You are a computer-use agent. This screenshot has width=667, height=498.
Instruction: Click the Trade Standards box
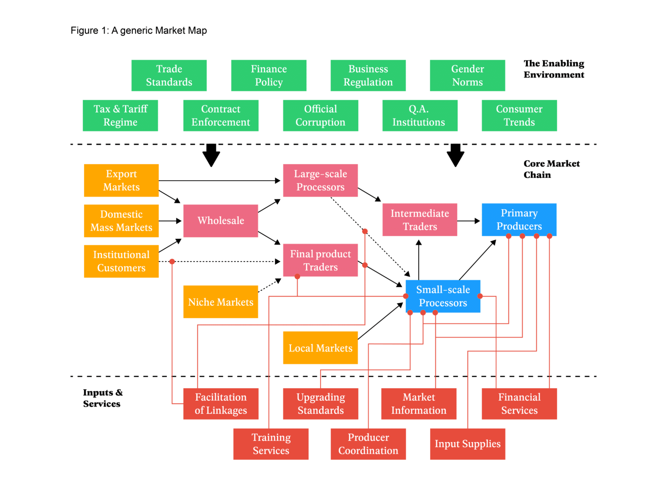pyautogui.click(x=169, y=75)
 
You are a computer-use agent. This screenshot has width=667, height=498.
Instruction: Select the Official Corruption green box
pyautogui.click(x=320, y=115)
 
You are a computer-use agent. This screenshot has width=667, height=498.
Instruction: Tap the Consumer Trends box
pyautogui.click(x=519, y=115)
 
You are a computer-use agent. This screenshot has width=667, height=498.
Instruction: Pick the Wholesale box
pyautogui.click(x=220, y=220)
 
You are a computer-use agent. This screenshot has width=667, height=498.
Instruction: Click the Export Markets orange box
pyautogui.click(x=121, y=180)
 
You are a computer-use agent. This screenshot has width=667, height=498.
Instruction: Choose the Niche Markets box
pyautogui.click(x=220, y=302)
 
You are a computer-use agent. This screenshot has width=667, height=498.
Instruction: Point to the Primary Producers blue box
pyautogui.click(x=519, y=219)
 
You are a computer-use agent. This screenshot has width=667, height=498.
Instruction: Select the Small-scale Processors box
pyautogui.click(x=443, y=296)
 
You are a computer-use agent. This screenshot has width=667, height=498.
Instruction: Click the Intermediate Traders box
pyautogui.click(x=420, y=220)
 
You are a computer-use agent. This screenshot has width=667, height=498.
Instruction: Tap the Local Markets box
pyautogui.click(x=320, y=348)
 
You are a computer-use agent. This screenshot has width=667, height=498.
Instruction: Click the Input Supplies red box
pyautogui.click(x=467, y=444)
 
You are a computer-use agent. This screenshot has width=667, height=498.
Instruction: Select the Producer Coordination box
pyautogui.click(x=368, y=444)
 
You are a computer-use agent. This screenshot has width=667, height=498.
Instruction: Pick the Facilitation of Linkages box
pyautogui.click(x=220, y=404)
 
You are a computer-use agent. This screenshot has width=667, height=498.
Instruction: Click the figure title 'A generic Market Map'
pyautogui.click(x=138, y=31)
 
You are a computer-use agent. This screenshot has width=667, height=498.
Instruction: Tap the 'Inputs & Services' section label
pyautogui.click(x=102, y=398)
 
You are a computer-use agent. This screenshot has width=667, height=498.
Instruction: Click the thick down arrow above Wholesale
pyautogui.click(x=211, y=155)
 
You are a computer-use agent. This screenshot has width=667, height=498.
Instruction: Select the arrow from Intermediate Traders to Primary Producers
pyautogui.click(x=469, y=221)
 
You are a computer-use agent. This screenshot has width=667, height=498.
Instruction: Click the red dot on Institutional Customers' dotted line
pyautogui.click(x=172, y=262)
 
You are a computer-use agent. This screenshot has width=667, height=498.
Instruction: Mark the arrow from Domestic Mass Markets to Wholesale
pyautogui.click(x=170, y=221)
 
